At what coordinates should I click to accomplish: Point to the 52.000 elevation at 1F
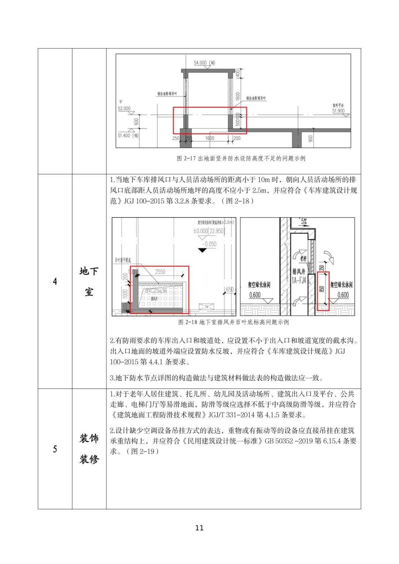(124, 109)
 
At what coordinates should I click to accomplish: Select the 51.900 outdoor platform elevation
(338, 111)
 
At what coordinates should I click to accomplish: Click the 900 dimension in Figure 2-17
(310, 139)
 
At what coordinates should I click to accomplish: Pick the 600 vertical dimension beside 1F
(136, 121)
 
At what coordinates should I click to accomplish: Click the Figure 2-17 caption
(241, 158)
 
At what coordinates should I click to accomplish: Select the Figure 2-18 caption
(233, 322)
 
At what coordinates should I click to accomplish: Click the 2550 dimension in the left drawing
(160, 272)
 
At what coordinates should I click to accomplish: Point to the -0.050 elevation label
(209, 244)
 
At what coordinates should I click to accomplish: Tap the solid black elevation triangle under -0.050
(202, 250)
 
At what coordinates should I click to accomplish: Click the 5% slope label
(303, 222)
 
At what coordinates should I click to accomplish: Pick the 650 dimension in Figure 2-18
(229, 290)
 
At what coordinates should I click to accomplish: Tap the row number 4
(55, 281)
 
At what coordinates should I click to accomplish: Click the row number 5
(55, 449)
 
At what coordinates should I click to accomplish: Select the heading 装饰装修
(89, 449)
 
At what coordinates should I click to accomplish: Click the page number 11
(199, 528)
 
